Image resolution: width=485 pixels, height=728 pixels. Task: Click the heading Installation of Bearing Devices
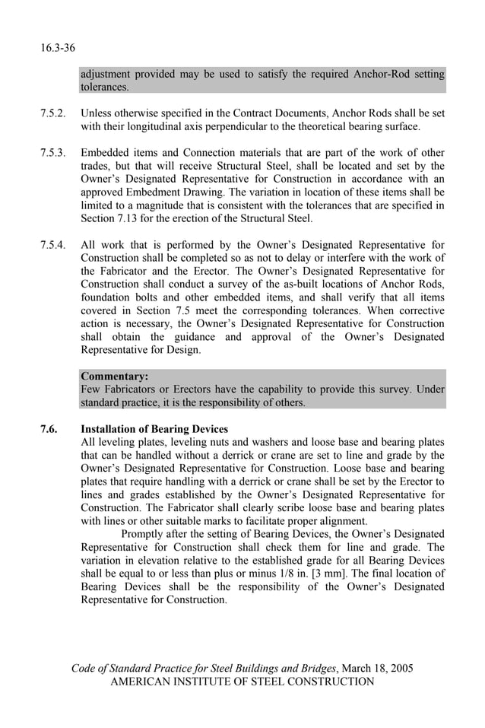click(x=154, y=429)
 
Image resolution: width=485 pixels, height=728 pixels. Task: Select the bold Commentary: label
click(x=114, y=376)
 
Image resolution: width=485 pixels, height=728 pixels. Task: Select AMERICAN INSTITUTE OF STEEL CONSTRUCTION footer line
click(x=242, y=682)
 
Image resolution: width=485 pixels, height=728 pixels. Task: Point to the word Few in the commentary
click(x=92, y=389)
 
